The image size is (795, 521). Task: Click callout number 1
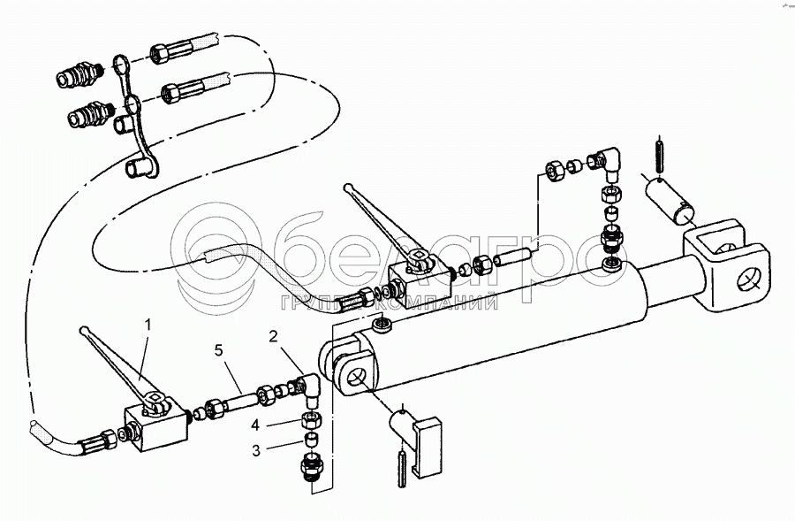(148, 325)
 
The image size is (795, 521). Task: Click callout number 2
(274, 336)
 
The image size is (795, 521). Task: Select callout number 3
(256, 450)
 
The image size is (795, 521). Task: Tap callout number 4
(255, 425)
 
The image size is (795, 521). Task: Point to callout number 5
(218, 350)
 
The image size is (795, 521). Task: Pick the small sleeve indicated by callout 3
(311, 440)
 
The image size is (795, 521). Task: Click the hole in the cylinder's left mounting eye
(354, 377)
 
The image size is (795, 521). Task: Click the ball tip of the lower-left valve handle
(84, 330)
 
